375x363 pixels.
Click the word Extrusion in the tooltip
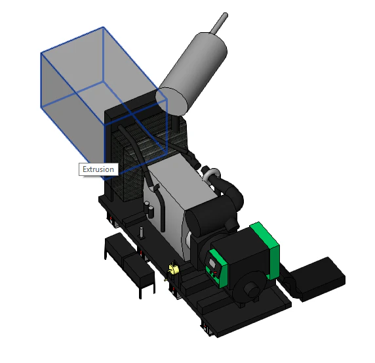tap(98, 169)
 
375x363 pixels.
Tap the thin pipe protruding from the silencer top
tap(219, 23)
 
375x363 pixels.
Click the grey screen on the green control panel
tap(212, 262)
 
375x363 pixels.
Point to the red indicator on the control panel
tap(215, 272)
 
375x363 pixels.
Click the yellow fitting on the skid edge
tap(173, 269)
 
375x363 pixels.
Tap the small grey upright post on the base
tap(142, 232)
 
